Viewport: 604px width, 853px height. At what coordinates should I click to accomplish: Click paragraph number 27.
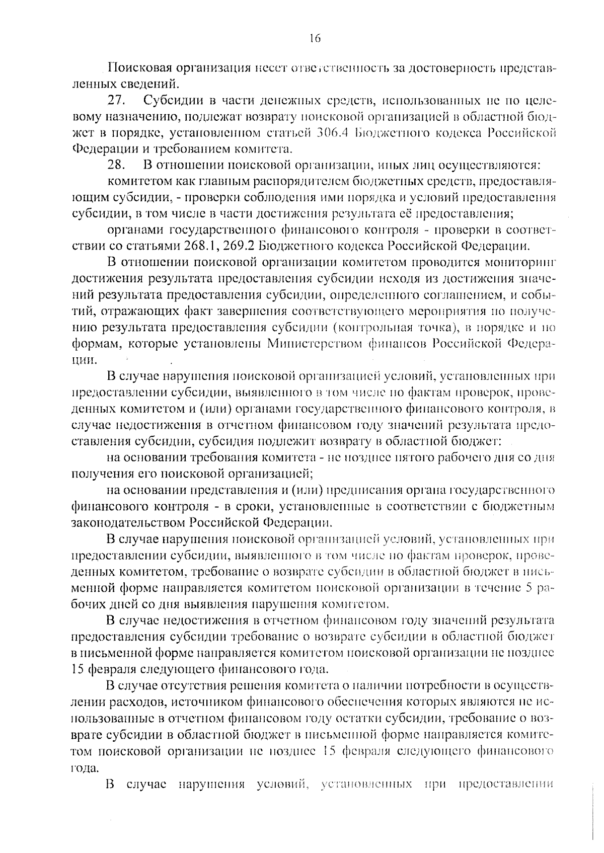pyautogui.click(x=117, y=101)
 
